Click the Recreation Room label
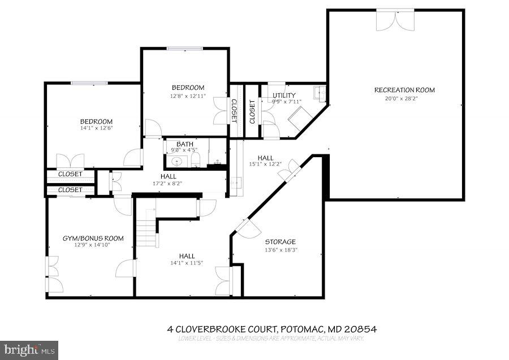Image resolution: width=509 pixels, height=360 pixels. pyautogui.click(x=404, y=90)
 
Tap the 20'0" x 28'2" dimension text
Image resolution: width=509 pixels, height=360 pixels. pyautogui.click(x=404, y=98)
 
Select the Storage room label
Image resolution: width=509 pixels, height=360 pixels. pyautogui.click(x=281, y=242)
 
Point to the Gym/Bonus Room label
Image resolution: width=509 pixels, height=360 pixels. pyautogui.click(x=93, y=238)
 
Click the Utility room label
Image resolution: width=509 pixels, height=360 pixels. pyautogui.click(x=284, y=96)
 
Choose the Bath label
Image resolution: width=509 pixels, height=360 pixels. pyautogui.click(x=184, y=145)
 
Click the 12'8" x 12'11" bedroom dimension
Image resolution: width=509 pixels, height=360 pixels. pyautogui.click(x=188, y=96)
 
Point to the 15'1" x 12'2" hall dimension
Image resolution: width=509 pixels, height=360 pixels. pyautogui.click(x=265, y=164)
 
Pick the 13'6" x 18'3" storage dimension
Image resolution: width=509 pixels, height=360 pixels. pyautogui.click(x=281, y=250)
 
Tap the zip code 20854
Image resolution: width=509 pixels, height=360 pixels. pyautogui.click(x=363, y=329)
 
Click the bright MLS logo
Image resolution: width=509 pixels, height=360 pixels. pyautogui.click(x=29, y=349)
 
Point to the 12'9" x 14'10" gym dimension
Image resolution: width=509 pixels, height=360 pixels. pyautogui.click(x=93, y=246)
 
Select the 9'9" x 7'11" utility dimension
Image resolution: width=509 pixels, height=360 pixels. pyautogui.click(x=287, y=102)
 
